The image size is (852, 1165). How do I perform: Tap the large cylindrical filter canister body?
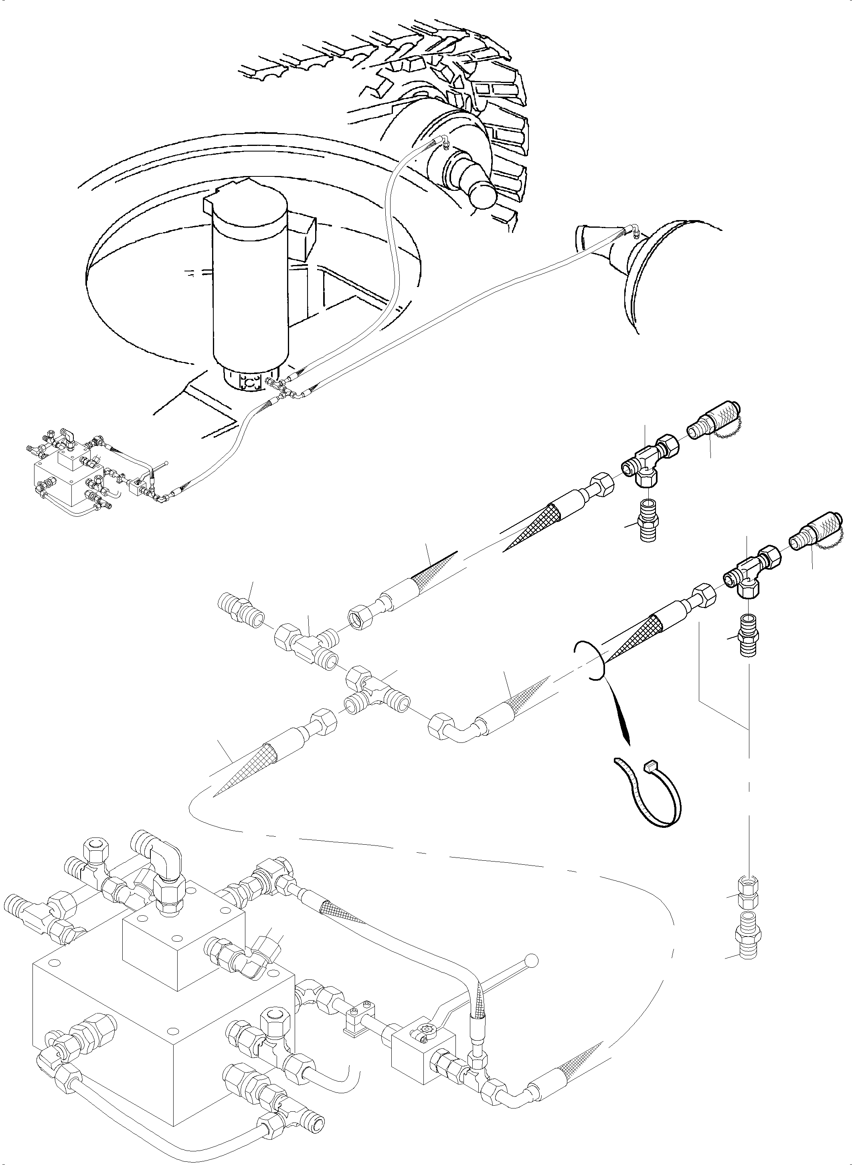pos(250,289)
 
